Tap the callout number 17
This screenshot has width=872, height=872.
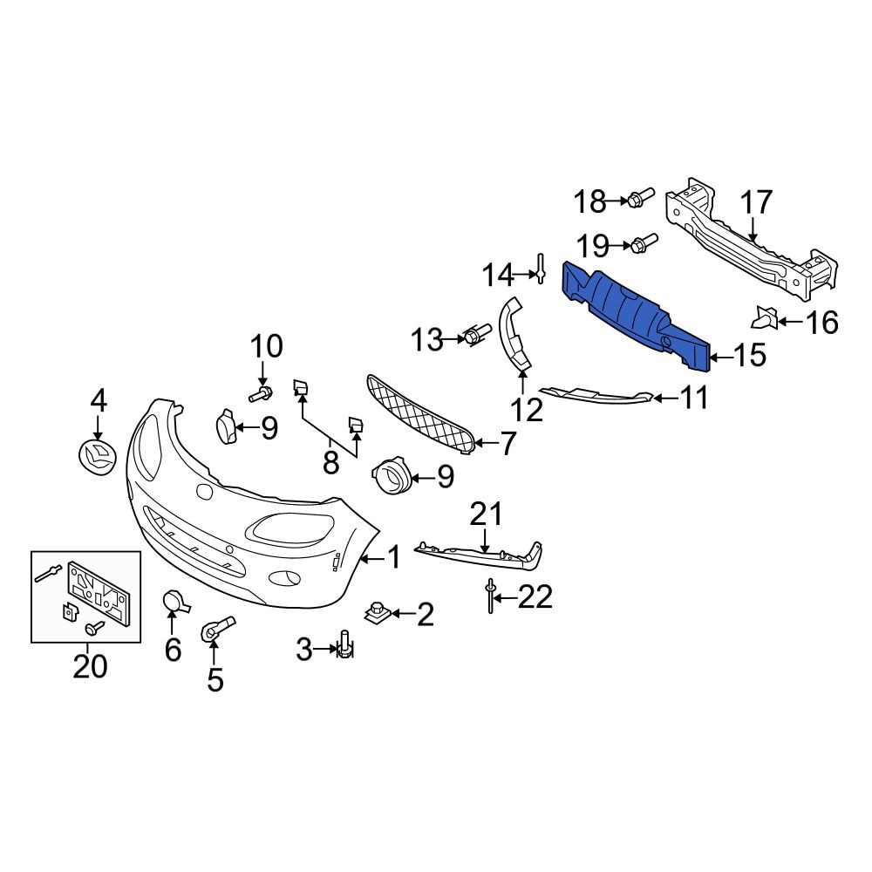coord(756,202)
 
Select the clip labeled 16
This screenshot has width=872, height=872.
coord(765,317)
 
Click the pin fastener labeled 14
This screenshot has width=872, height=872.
coord(540,268)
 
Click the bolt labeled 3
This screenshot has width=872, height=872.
coord(344,645)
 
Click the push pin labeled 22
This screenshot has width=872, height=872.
coord(490,596)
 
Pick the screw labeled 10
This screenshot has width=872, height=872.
coord(260,394)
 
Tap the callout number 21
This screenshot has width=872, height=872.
coord(486,514)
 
